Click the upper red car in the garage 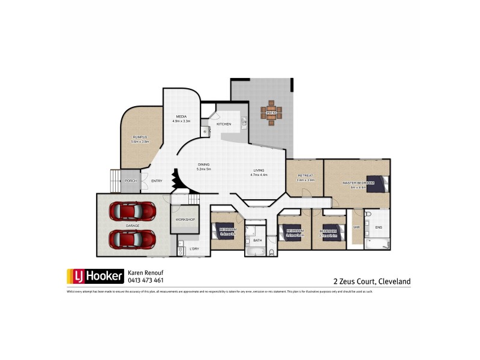pos(133,211)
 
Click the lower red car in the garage pos(133,239)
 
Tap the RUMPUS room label pos(140,137)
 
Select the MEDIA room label pos(181,116)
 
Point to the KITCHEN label pos(224,124)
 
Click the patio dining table pos(271,112)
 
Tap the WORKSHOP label pos(185,220)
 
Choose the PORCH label pos(130,181)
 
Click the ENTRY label pos(157,181)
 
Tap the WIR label pos(356,227)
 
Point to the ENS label pos(378,227)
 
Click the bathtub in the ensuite pos(378,243)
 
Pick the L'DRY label pos(194,248)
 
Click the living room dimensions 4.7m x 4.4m pos(259,175)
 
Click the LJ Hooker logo pos(95,276)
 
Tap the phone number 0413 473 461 pos(145,280)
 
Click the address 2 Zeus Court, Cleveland pos(372,280)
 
